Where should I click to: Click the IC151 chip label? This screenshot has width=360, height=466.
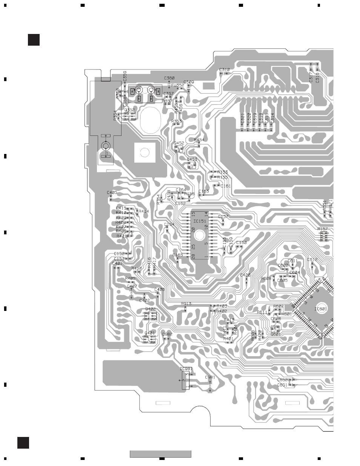point(200,221)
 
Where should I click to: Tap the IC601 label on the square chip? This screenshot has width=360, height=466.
point(321,309)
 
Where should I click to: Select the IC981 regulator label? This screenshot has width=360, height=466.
point(186,369)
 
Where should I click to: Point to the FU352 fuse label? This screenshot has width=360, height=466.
point(178,85)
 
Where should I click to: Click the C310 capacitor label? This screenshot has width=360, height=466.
point(225,70)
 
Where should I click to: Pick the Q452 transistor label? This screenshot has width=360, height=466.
point(179,143)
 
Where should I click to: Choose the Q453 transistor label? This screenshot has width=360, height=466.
point(192,160)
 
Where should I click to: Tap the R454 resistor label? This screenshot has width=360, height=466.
point(199,140)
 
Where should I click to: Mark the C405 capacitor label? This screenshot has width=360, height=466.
point(112,193)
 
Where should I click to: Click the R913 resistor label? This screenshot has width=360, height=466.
point(186,304)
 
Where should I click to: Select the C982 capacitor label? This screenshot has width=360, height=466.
point(167,334)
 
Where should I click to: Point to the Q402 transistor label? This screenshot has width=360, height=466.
point(150,309)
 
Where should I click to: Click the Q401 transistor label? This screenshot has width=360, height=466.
point(149,333)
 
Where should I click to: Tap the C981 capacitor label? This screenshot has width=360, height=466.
point(210,377)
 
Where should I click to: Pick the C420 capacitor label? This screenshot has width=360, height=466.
point(245,275)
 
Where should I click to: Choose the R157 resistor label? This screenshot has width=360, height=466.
point(323,229)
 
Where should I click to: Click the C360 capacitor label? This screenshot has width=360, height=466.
point(169,78)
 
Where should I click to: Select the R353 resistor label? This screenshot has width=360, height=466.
point(176,121)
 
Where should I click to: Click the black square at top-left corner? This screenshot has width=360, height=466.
point(34,40)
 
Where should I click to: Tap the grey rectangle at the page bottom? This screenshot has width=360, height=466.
point(160,454)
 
